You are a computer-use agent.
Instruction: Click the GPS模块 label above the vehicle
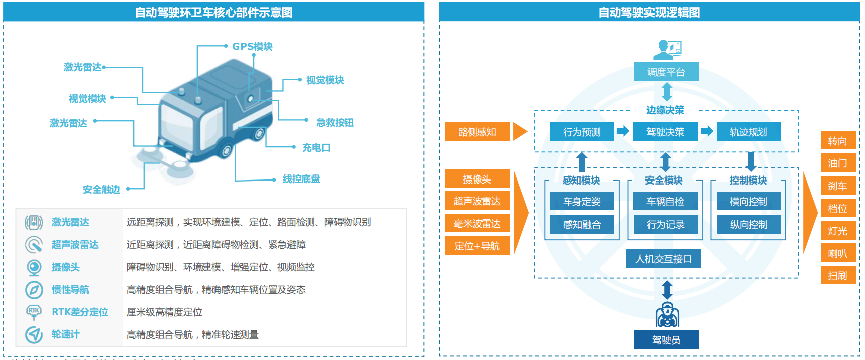252,46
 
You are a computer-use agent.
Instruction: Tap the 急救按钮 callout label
335,123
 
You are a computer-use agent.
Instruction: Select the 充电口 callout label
316,148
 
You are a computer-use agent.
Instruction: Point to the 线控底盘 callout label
301,179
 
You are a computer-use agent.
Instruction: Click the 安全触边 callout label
101,190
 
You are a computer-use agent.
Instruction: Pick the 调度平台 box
666,72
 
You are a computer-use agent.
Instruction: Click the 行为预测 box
582,132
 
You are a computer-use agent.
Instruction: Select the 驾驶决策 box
665,132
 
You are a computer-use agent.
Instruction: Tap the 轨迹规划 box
748,132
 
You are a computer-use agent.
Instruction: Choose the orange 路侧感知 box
477,132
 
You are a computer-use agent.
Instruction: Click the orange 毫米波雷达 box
477,224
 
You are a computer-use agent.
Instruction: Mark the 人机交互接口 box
664,259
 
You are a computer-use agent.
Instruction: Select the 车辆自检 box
665,201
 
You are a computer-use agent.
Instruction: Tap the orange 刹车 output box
837,186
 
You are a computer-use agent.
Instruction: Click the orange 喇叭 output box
837,253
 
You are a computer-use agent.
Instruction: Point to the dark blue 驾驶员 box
666,340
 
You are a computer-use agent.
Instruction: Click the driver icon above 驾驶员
667,315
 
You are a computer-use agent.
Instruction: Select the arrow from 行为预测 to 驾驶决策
623,131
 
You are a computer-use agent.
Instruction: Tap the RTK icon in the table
34,312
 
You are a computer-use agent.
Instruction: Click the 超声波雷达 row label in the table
75,245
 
